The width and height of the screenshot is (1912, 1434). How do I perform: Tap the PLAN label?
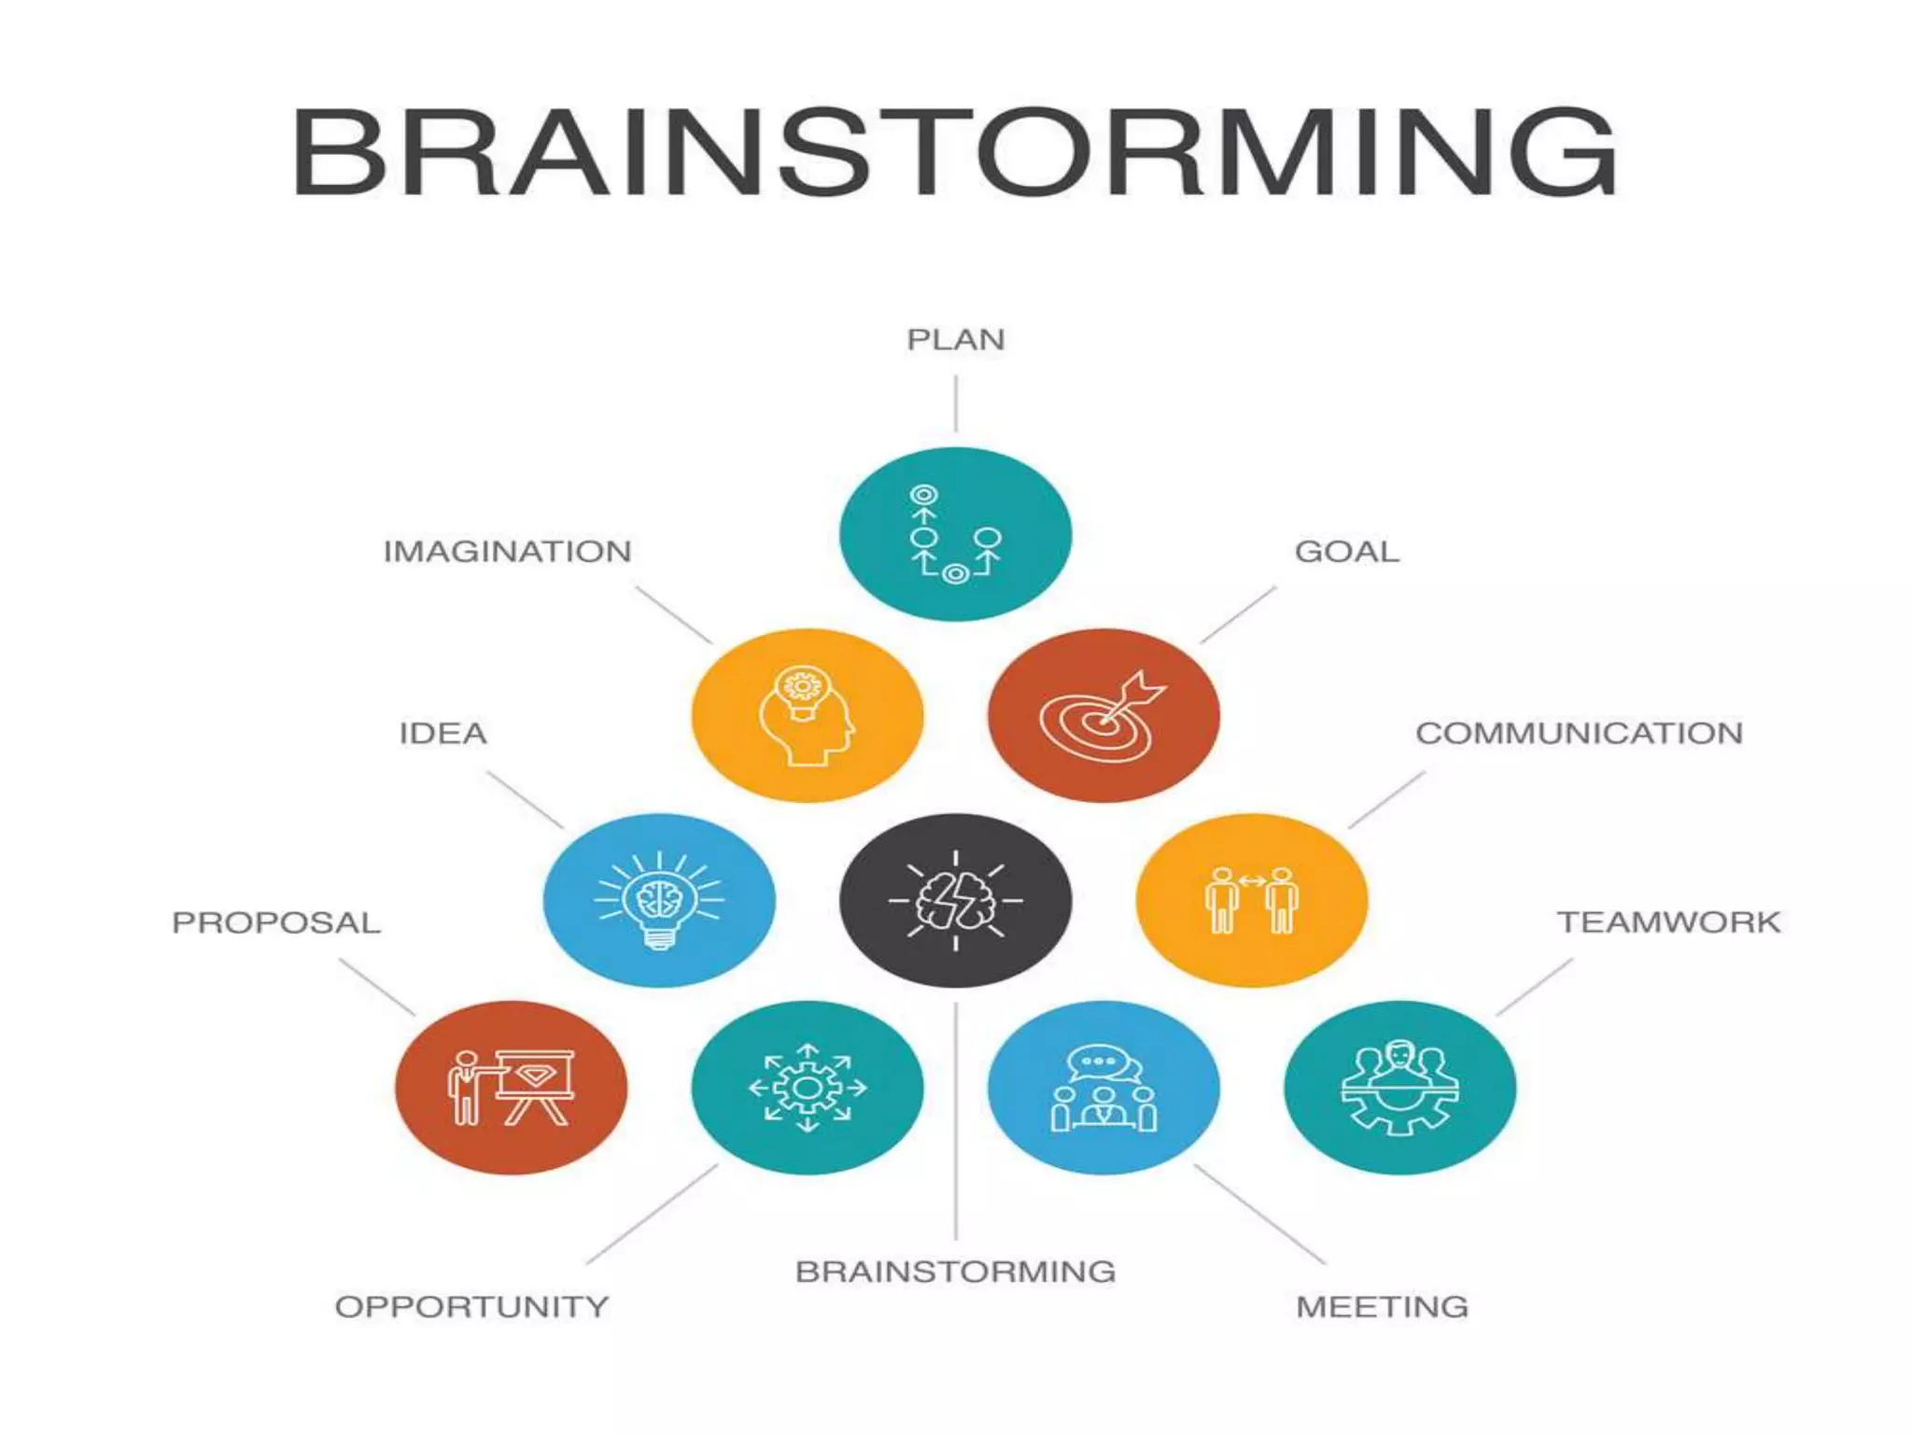coord(956,340)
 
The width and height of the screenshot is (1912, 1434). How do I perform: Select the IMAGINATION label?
coord(507,552)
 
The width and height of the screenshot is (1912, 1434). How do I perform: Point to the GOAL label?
coord(1346,552)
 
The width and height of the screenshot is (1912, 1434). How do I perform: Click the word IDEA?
coord(443,734)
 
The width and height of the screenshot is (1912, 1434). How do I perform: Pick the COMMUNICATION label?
coord(1579,734)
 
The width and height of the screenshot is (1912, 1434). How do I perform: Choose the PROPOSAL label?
coord(276,923)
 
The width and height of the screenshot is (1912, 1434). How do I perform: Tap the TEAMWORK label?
coord(1668,922)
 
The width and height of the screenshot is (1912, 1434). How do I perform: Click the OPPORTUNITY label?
coord(471,1307)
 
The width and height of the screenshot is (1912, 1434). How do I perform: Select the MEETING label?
coord(1382,1307)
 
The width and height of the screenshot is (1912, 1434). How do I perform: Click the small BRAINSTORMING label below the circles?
coord(955,1272)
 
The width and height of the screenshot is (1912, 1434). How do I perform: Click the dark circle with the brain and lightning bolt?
coord(955,900)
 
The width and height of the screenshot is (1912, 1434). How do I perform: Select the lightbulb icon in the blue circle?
coord(659,900)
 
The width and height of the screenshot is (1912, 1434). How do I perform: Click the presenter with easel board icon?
coord(511,1088)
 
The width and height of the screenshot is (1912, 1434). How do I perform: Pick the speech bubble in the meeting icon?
coord(1103,1062)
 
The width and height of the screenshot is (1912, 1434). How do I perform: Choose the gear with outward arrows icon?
coord(807,1088)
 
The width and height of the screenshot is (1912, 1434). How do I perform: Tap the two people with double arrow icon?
coord(1251,900)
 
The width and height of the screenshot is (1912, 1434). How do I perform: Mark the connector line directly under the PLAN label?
coord(955,403)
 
